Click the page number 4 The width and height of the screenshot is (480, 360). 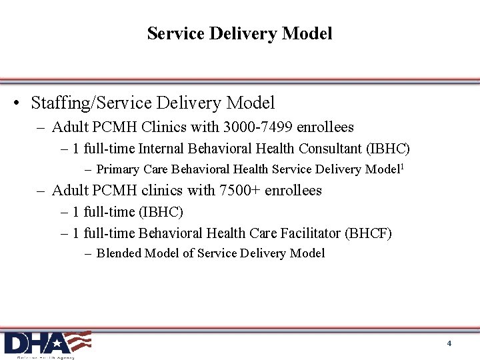(x=449, y=343)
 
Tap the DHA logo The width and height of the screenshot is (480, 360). (x=47, y=343)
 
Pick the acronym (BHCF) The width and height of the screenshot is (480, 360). (x=368, y=233)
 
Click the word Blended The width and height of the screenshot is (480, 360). (x=119, y=253)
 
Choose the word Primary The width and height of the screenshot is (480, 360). (x=118, y=169)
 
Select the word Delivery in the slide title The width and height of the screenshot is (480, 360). (x=240, y=33)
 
